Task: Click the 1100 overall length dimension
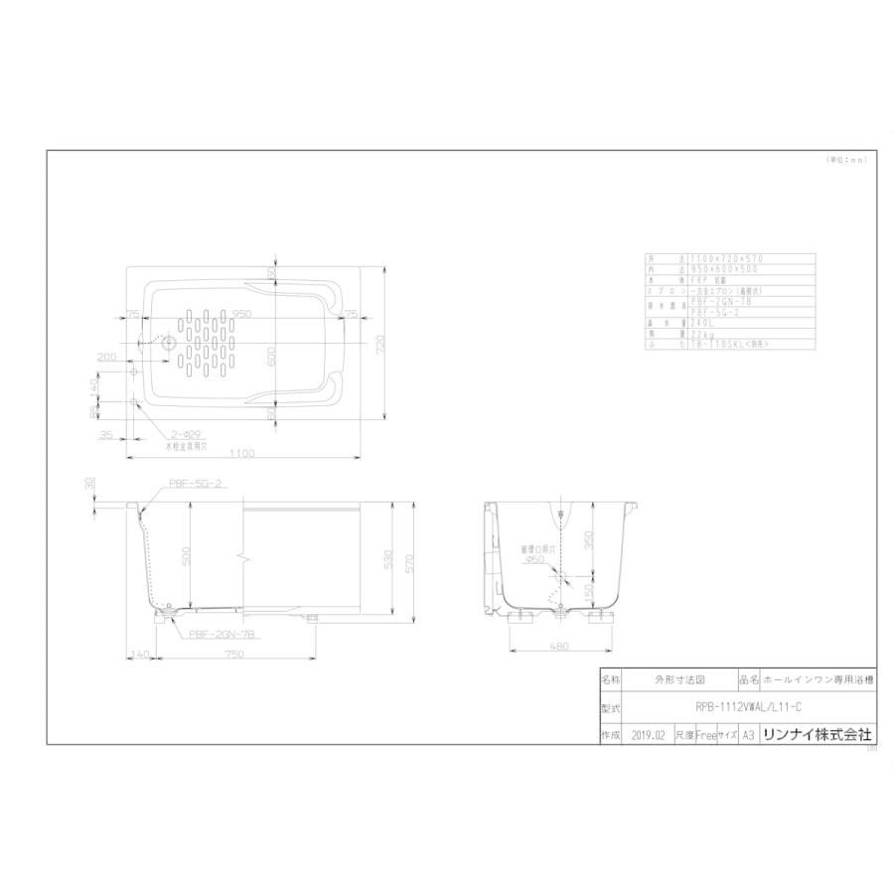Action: tap(243, 453)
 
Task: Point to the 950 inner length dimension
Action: tap(242, 314)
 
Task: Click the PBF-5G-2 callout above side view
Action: tap(194, 482)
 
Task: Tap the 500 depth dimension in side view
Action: tap(187, 557)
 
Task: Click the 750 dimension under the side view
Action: tap(234, 655)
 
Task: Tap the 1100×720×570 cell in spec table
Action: tap(720, 258)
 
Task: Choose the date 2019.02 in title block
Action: tap(646, 735)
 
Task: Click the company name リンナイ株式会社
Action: tap(816, 735)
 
